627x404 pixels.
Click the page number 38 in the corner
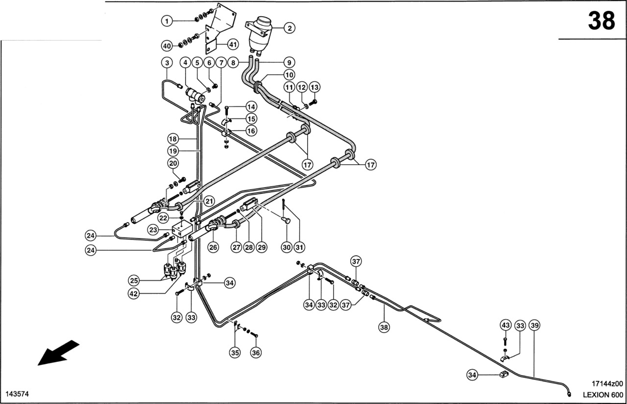[x=601, y=22]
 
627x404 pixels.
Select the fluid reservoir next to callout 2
[x=260, y=33]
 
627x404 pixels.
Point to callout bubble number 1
[x=167, y=21]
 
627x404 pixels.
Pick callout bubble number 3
[x=167, y=63]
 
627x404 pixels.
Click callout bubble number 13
[x=314, y=87]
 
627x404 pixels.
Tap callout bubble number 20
[x=173, y=163]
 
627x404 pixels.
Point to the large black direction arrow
[x=58, y=353]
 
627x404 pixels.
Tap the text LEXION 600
[x=603, y=395]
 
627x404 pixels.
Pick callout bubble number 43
[x=506, y=325]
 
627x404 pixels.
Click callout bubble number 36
[x=256, y=352]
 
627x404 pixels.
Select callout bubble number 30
[x=287, y=248]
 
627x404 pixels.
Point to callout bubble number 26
[x=213, y=248]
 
